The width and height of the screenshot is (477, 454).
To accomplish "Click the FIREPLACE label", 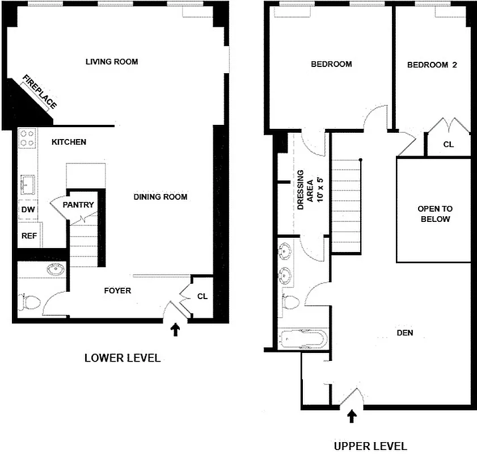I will [x=40, y=91].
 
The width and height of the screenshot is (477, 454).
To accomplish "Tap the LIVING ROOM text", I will [x=112, y=62].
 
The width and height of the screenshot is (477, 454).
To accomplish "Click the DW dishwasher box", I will [x=28, y=209].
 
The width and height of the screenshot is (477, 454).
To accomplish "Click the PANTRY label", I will [x=78, y=205].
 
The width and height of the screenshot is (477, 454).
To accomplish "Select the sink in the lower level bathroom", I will [x=54, y=270].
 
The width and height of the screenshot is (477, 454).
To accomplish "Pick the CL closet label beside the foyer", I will [x=202, y=296].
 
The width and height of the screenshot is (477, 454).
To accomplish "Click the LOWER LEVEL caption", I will [x=123, y=358].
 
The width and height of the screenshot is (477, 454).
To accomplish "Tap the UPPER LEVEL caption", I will [x=370, y=446].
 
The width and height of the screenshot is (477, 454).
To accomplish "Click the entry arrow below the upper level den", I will [x=352, y=417].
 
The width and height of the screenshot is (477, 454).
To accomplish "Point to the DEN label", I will [x=404, y=333].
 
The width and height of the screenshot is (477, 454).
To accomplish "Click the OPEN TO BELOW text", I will [x=434, y=214].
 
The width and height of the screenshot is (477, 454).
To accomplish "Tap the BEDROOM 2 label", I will [x=432, y=65].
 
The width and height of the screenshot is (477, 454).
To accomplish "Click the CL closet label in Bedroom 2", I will [x=448, y=144].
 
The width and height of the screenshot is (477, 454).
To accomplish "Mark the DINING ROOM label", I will [x=161, y=197].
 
